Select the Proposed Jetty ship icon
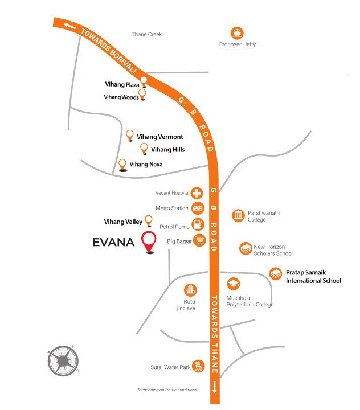click(x=237, y=32)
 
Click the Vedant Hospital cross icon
click(x=197, y=194)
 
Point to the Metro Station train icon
click(x=198, y=208)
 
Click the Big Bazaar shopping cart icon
click(x=199, y=241)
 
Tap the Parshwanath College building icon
click(x=238, y=215)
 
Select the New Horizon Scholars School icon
click(x=246, y=248)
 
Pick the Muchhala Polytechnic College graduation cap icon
click(x=233, y=284)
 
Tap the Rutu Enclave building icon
click(x=190, y=290)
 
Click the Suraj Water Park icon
click(x=198, y=365)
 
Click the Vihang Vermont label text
click(x=159, y=137)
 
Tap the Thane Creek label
click(x=146, y=35)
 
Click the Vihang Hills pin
click(x=144, y=149)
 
